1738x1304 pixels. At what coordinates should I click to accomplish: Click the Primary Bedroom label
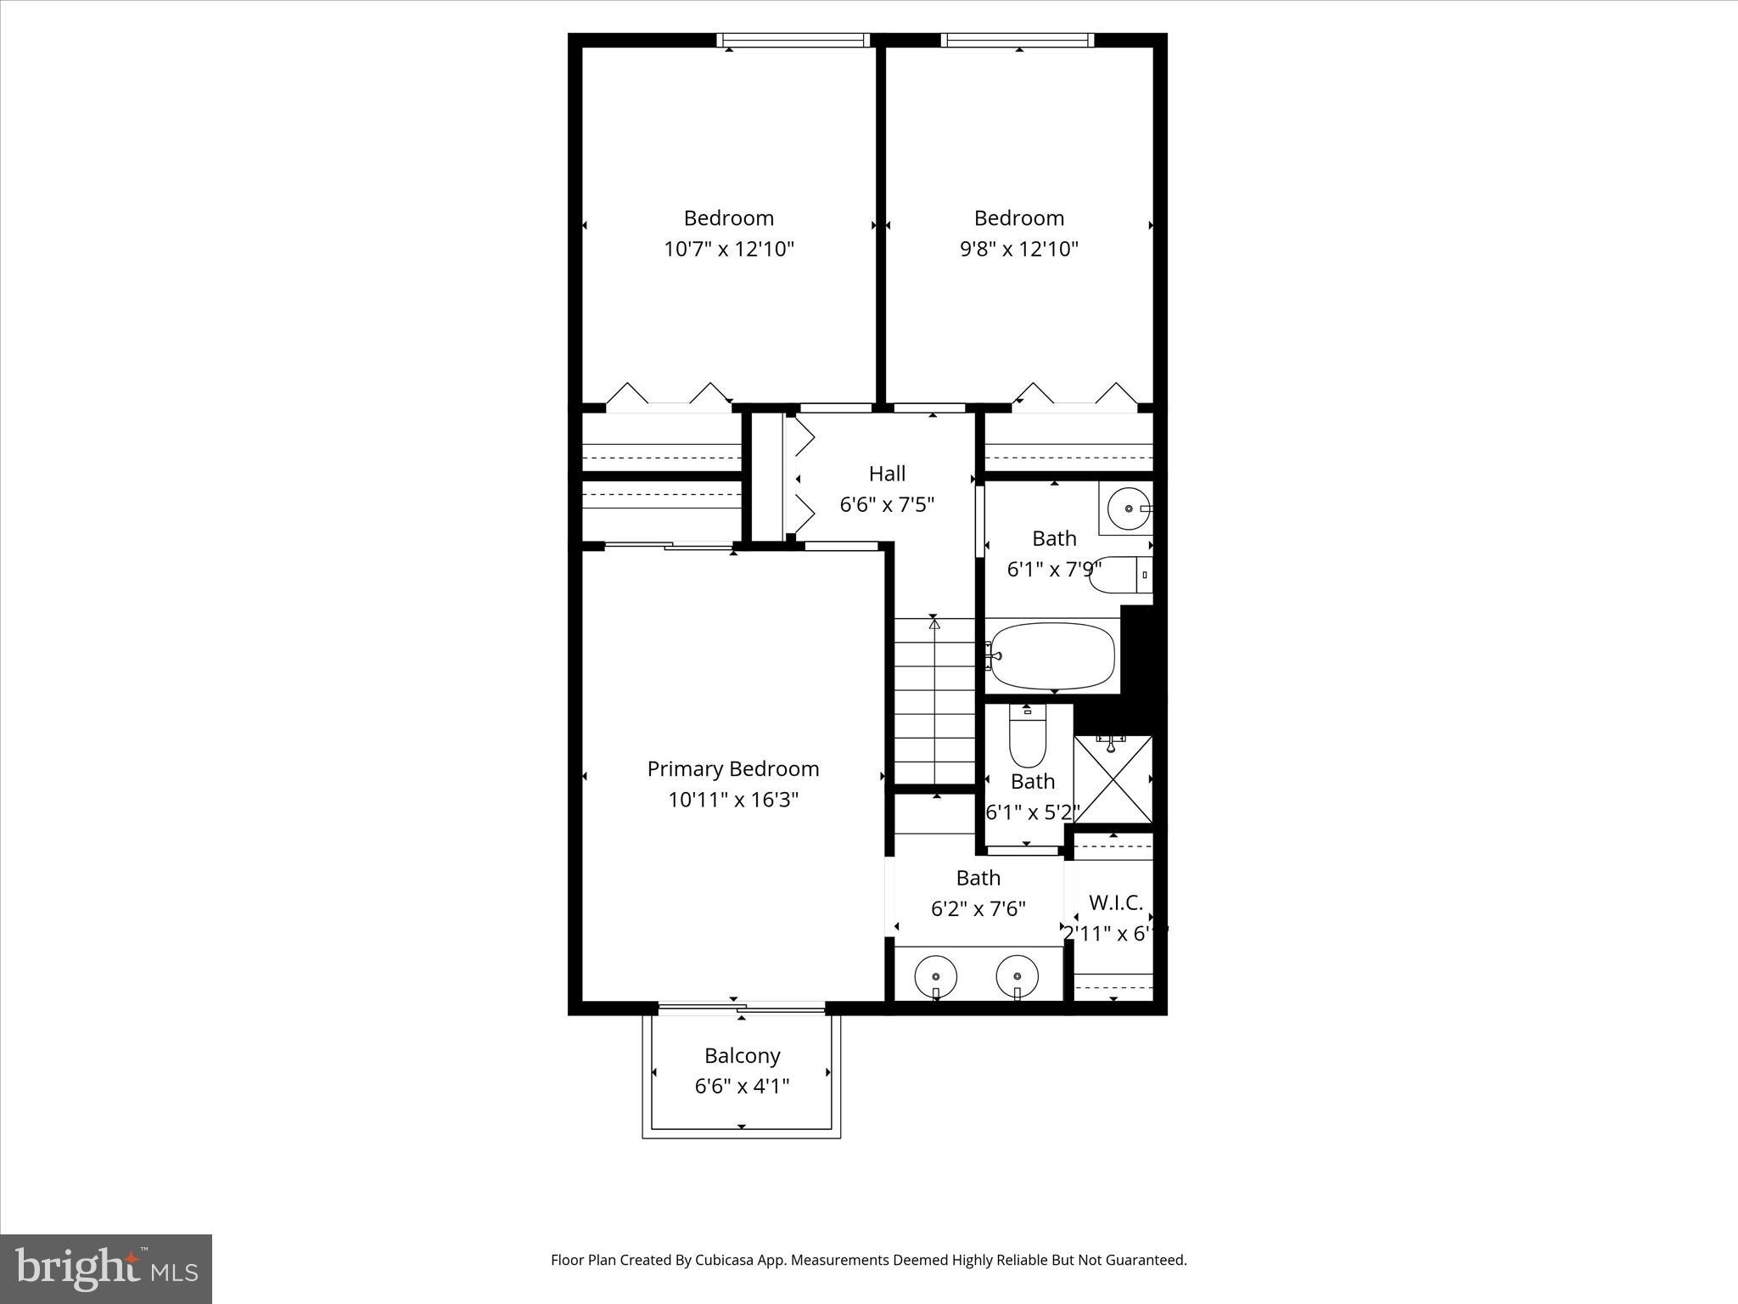click(733, 769)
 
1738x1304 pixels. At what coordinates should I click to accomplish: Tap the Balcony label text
click(743, 1056)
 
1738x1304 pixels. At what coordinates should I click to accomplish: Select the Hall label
click(887, 474)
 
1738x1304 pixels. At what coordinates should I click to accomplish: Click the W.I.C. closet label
click(1116, 902)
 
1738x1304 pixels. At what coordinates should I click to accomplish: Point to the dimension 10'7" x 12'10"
click(729, 249)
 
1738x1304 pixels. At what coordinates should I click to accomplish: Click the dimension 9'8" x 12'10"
click(1019, 249)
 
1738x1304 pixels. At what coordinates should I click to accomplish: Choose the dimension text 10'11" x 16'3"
click(733, 800)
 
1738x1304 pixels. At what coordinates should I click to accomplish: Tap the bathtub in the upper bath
click(1052, 656)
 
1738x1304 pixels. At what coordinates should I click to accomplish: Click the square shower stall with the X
click(1113, 779)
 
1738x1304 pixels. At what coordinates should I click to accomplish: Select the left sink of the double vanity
click(935, 975)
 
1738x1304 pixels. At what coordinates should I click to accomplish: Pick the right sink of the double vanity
click(1017, 975)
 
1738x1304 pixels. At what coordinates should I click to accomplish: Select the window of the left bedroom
click(793, 40)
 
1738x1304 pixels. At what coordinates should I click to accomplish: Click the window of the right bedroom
click(1018, 40)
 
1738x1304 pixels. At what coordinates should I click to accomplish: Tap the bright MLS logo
click(106, 1269)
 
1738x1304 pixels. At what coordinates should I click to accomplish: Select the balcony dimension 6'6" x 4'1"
click(743, 1087)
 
